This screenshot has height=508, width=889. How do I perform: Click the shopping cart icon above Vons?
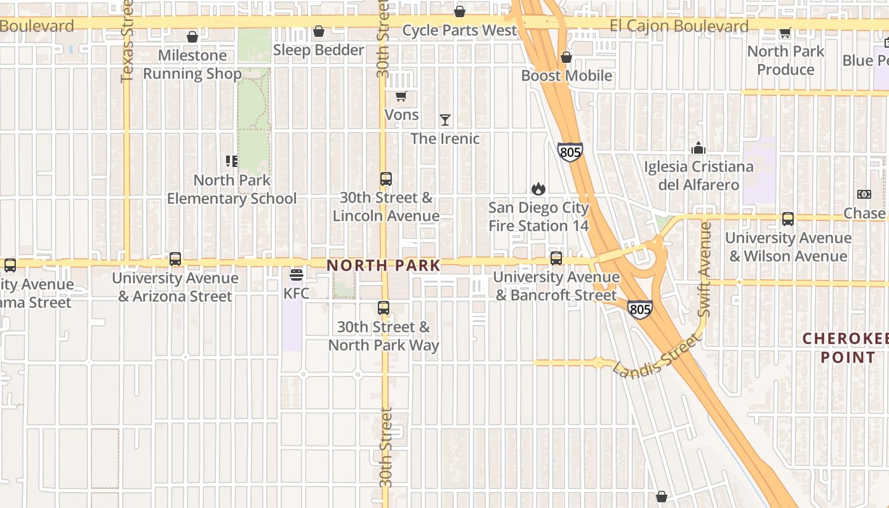(401, 97)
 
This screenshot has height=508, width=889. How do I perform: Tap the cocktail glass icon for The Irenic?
(445, 120)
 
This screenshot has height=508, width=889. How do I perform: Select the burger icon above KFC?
(296, 275)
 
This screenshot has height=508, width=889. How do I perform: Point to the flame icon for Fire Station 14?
(538, 189)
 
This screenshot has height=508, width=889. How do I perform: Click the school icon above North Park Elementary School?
(232, 161)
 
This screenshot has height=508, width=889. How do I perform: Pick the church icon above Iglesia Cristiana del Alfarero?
(698, 148)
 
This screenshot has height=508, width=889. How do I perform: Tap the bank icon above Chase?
(864, 194)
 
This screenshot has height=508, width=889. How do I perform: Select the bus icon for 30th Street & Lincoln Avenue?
(385, 179)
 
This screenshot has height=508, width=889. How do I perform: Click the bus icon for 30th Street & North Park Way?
(384, 308)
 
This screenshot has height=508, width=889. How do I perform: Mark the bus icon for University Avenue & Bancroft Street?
(556, 258)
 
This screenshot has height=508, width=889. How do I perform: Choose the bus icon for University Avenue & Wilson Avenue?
(788, 219)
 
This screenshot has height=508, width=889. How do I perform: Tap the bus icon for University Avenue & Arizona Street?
(175, 259)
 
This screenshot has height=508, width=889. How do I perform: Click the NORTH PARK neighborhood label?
(384, 265)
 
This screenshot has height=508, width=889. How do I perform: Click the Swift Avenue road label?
(705, 269)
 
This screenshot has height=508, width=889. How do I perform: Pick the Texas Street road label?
(126, 42)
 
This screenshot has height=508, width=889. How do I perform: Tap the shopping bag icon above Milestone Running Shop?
(192, 37)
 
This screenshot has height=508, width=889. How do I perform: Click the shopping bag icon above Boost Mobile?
(566, 58)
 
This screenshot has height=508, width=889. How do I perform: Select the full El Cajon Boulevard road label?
(679, 27)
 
